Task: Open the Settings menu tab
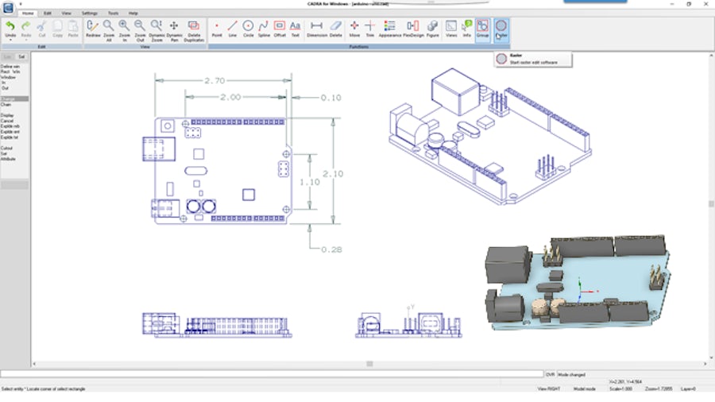[90, 14]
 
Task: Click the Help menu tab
[133, 14]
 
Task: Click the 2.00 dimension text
[230, 97]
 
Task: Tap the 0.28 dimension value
[330, 249]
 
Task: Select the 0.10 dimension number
[330, 98]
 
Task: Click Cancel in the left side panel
[7, 121]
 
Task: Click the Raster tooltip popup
[528, 59]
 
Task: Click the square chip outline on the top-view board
[248, 194]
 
